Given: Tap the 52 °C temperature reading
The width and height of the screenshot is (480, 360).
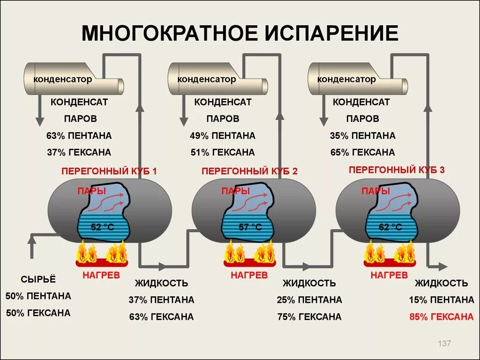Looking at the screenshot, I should (x=102, y=227).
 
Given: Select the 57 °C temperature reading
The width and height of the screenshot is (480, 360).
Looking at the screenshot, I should (x=250, y=227).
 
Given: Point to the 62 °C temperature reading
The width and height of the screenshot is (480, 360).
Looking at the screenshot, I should (x=390, y=227).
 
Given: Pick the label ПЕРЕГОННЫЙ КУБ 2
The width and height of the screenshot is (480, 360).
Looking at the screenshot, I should (x=250, y=171).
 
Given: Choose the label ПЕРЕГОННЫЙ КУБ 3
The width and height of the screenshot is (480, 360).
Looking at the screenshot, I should (x=397, y=170).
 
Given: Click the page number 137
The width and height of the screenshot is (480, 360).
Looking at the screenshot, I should (x=444, y=344).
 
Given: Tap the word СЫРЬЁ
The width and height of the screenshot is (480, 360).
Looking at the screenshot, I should (x=38, y=279).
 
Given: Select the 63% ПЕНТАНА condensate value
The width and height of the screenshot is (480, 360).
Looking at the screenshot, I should (x=79, y=136).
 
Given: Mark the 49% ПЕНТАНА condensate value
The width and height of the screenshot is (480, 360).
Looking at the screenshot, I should (x=223, y=136).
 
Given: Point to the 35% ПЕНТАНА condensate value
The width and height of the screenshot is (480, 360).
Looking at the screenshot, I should (x=362, y=136).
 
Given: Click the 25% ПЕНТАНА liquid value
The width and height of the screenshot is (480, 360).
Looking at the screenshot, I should (x=309, y=300).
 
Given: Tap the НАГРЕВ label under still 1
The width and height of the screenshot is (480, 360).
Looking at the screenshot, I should (x=101, y=275).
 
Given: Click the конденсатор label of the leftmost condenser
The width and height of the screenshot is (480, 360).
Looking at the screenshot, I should (x=62, y=79).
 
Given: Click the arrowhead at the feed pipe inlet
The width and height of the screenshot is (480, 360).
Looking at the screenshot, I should (x=32, y=239).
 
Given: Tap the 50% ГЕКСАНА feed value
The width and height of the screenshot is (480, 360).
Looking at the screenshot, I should (x=38, y=313).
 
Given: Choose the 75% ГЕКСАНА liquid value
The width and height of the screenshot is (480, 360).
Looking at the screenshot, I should (x=309, y=317).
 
